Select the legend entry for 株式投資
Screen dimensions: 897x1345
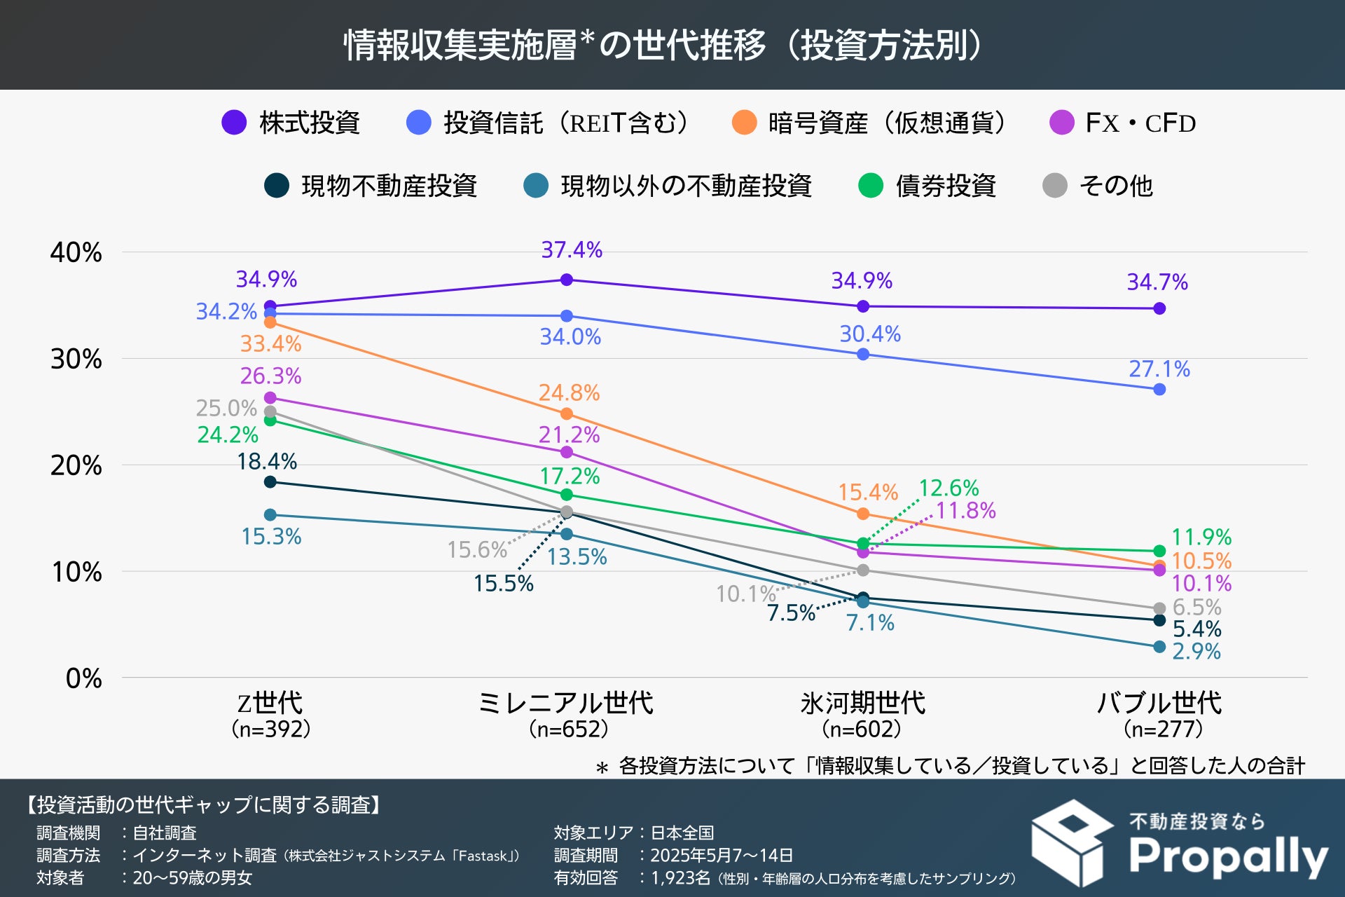coord(290,123)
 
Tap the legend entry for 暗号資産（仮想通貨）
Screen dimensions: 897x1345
coord(869,123)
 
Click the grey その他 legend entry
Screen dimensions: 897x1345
coord(1098,186)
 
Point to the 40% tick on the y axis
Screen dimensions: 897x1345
coord(76,252)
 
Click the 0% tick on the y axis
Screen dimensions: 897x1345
coord(83,678)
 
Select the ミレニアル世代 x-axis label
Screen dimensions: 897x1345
coord(566,703)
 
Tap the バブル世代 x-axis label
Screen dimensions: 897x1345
coord(1159,703)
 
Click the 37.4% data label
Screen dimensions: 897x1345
coord(572,249)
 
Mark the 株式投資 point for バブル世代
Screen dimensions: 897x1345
coord(1159,308)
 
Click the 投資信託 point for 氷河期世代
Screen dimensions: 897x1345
coord(863,354)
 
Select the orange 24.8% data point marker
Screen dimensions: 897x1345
coord(567,413)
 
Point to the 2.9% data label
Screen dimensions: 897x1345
coord(1196,651)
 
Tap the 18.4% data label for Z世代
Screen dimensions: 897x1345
coord(267,461)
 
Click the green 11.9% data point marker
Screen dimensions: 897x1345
coord(1159,551)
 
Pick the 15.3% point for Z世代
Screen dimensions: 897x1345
coord(270,515)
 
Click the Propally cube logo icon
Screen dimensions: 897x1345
coord(1072,843)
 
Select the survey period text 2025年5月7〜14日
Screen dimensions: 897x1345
coord(721,855)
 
